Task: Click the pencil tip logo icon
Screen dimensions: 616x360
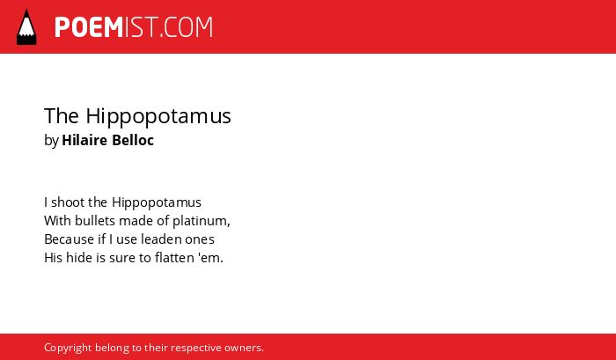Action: click(26, 27)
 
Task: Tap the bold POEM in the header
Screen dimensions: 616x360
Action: click(89, 27)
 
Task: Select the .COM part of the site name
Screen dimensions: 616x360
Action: click(186, 27)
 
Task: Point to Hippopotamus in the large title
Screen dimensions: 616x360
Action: click(158, 117)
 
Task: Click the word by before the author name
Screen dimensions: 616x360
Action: click(51, 141)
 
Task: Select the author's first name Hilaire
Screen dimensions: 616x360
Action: click(84, 140)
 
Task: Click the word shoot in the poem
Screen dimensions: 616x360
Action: click(68, 202)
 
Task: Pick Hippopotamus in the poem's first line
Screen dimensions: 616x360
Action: click(157, 203)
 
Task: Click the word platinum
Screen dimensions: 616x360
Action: click(202, 222)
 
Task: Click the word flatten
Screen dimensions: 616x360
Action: click(175, 258)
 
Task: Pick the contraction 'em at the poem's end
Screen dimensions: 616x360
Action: click(211, 259)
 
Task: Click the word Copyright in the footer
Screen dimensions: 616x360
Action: click(68, 349)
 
